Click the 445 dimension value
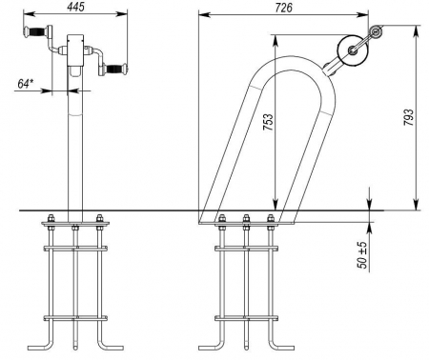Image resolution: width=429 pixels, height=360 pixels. click(x=76, y=7)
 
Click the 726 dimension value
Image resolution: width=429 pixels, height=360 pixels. click(x=283, y=8)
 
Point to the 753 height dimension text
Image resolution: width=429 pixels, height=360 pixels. click(x=268, y=122)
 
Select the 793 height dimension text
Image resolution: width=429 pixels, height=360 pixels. click(x=409, y=117)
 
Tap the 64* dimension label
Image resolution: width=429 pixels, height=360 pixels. click(x=26, y=84)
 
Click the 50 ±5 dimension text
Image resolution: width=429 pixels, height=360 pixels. click(x=362, y=255)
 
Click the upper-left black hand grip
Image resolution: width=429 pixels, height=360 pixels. click(x=35, y=31)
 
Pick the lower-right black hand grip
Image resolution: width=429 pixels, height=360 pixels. click(x=115, y=69)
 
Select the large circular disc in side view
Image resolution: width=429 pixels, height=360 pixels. click(x=353, y=50)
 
